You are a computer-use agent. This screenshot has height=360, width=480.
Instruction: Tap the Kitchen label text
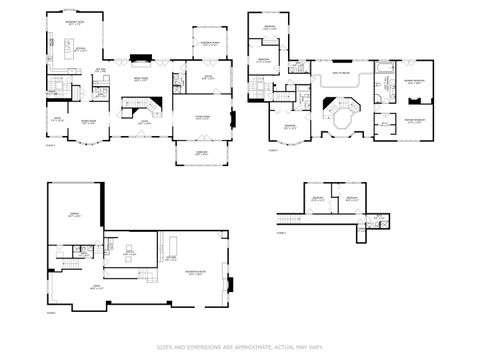[x=81, y=47]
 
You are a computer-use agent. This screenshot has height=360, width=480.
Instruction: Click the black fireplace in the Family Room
[x=143, y=59]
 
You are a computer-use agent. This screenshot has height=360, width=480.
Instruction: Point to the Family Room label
[x=142, y=78]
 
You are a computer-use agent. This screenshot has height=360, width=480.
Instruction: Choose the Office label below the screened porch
[x=209, y=77]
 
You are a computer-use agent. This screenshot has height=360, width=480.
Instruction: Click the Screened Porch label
[x=211, y=43]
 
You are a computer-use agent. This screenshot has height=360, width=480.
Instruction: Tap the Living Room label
[x=201, y=118]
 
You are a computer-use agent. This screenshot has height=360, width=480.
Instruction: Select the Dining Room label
[x=88, y=123]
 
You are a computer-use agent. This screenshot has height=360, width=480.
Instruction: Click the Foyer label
[x=144, y=123]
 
